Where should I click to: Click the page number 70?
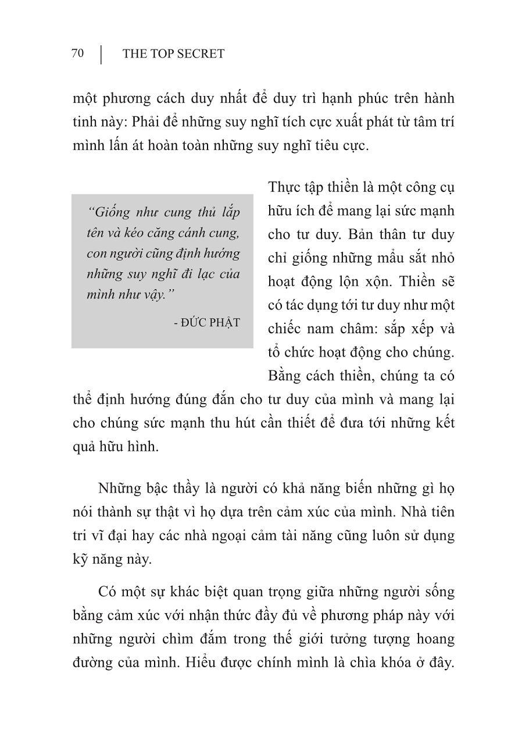(x=77, y=54)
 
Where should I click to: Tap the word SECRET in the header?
(x=201, y=54)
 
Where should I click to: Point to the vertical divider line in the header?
(x=101, y=54)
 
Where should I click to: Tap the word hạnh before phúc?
(x=338, y=98)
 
